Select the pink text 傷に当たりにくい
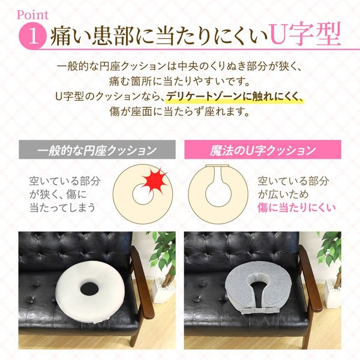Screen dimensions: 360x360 pos(296,208)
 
